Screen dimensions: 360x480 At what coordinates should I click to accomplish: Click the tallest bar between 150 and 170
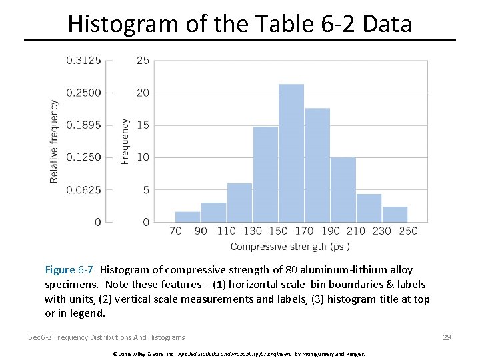pyautogui.click(x=291, y=153)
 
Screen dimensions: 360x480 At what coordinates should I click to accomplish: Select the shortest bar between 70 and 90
pyautogui.click(x=187, y=217)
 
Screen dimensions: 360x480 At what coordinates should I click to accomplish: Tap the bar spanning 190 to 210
pyautogui.click(x=343, y=190)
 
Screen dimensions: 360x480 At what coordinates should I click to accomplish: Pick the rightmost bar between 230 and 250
pyautogui.click(x=395, y=214)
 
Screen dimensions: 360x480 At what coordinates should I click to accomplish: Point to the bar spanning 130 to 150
pyautogui.click(x=265, y=175)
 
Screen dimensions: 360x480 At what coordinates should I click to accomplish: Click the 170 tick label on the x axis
pyautogui.click(x=304, y=231)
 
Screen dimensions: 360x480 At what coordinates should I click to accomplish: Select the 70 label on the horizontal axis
pyautogui.click(x=175, y=231)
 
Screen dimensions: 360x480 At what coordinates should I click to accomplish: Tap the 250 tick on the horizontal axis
pyautogui.click(x=408, y=231)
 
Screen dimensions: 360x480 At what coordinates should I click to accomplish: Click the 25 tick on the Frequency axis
pyautogui.click(x=143, y=61)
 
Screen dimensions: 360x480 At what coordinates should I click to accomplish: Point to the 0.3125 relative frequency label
pyautogui.click(x=83, y=61)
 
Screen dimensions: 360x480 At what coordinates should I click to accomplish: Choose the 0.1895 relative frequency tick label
pyautogui.click(x=83, y=125)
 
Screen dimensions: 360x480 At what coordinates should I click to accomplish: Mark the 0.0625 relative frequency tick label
pyautogui.click(x=83, y=190)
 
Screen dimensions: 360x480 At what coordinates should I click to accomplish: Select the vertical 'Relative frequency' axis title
pyautogui.click(x=55, y=141)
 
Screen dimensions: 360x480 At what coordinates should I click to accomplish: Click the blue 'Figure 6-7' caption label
pyautogui.click(x=69, y=270)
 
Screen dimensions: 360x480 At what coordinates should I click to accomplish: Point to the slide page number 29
pyautogui.click(x=447, y=337)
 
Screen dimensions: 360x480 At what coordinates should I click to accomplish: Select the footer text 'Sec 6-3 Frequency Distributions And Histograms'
pyautogui.click(x=107, y=337)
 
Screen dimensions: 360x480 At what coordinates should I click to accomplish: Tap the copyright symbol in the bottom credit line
pyautogui.click(x=115, y=353)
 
